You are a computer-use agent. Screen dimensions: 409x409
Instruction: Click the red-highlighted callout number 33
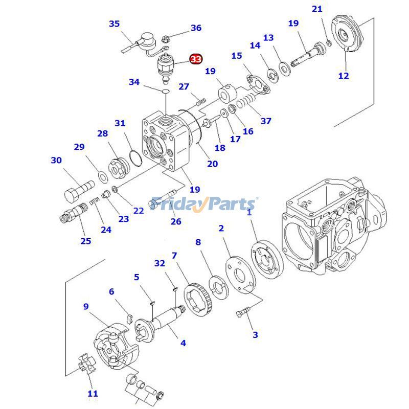[x=196, y=59]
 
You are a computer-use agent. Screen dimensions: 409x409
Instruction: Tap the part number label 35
[x=114, y=24]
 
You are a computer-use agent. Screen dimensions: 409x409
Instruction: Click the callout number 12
[x=344, y=76]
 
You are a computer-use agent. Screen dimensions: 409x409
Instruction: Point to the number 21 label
[x=317, y=9]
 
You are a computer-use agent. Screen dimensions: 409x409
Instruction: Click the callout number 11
[x=92, y=394]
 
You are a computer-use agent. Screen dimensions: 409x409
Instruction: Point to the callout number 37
[x=266, y=121]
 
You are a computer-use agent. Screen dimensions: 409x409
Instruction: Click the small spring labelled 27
[x=200, y=101]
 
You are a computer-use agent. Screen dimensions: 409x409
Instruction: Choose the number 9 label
[x=86, y=307]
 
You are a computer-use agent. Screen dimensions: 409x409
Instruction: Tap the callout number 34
[x=134, y=82]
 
